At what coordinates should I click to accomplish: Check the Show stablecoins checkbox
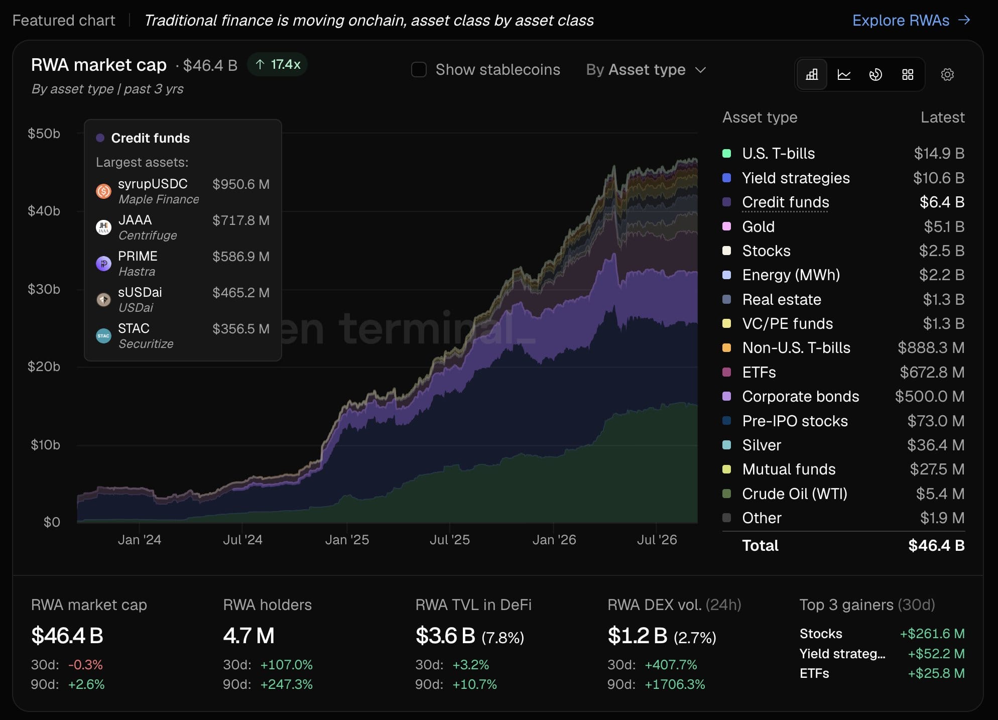pos(419,69)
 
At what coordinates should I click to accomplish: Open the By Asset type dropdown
pos(646,69)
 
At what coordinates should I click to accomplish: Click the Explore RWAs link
pos(911,20)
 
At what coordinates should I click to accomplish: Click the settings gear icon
pos(947,75)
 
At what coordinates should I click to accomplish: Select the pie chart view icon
pos(876,75)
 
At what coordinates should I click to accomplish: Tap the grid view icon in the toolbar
pos(908,75)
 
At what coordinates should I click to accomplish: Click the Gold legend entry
pos(758,226)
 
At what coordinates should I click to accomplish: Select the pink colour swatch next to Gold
pos(726,226)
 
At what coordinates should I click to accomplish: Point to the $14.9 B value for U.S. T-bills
pos(939,153)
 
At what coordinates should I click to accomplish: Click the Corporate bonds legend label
pos(801,397)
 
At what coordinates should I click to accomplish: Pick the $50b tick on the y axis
pos(44,134)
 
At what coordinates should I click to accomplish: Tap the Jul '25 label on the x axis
pos(450,540)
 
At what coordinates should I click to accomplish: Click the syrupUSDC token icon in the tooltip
pos(103,191)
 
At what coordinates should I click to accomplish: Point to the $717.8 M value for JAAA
pos(241,220)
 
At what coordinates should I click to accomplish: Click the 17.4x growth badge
pos(278,64)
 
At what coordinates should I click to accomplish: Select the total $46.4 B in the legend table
pos(936,546)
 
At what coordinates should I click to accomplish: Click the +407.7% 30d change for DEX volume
pos(671,665)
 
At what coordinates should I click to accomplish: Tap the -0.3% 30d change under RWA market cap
pos(85,665)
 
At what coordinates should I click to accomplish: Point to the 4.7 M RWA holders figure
pos(249,636)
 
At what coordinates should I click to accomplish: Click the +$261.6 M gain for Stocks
pos(932,634)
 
